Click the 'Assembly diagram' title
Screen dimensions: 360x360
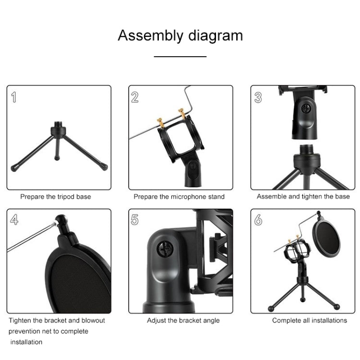coord(180,36)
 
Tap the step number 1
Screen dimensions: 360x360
coord(14,97)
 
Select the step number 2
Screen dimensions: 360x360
coord(135,97)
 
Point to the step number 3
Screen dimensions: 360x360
coord(258,97)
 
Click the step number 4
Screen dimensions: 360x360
coord(14,220)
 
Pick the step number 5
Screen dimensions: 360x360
coord(135,220)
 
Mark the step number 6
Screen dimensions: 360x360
coord(258,220)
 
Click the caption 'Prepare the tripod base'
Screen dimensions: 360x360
coord(55,196)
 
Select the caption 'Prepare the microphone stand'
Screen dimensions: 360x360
coord(179,196)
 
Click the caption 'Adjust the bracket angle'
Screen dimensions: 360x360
coord(183,320)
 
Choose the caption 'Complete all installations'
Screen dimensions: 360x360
coord(310,320)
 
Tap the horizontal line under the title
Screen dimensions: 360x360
coord(180,57)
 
